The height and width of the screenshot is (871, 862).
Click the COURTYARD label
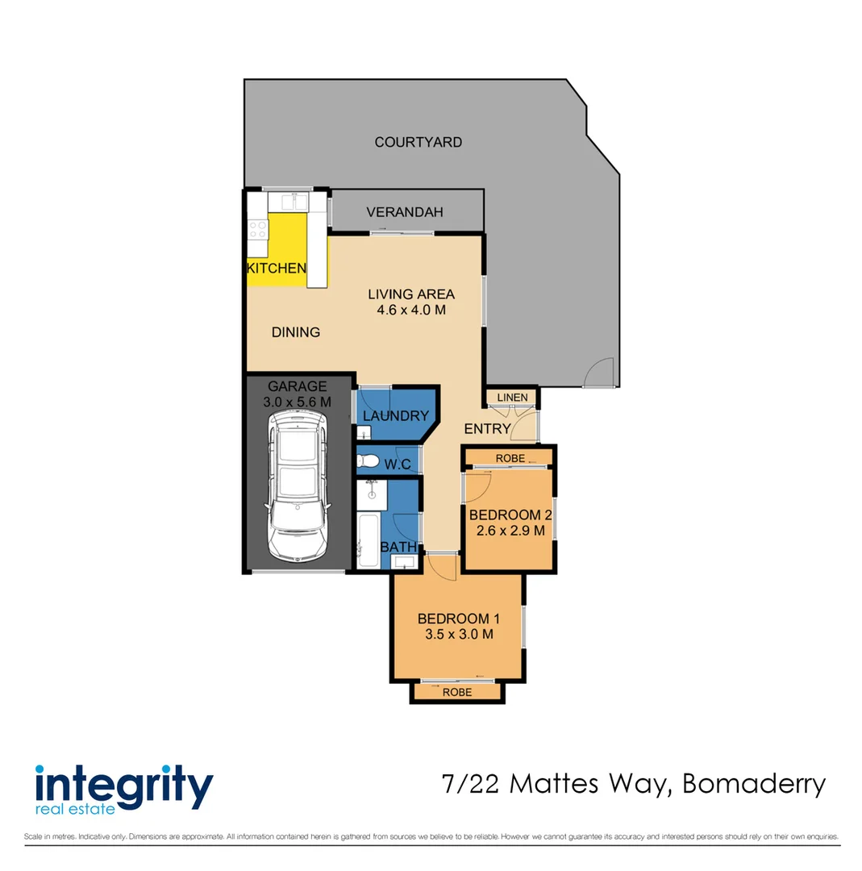tap(418, 142)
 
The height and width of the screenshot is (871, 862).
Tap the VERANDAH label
tap(405, 213)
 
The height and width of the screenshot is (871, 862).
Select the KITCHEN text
tap(276, 269)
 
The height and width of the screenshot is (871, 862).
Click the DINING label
tap(295, 331)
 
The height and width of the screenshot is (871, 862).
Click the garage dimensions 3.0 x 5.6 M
tap(298, 402)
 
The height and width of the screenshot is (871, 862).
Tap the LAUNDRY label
tap(395, 416)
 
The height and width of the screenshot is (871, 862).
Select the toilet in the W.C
tap(368, 461)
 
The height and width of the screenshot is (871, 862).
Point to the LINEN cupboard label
tap(512, 398)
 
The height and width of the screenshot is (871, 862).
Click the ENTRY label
tap(487, 429)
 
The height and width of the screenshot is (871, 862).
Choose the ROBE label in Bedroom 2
tap(510, 458)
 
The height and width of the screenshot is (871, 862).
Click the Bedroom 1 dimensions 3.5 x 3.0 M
tap(458, 634)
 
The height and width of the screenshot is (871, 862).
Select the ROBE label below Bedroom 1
tap(457, 692)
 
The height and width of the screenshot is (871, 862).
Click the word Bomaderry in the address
tap(754, 783)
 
